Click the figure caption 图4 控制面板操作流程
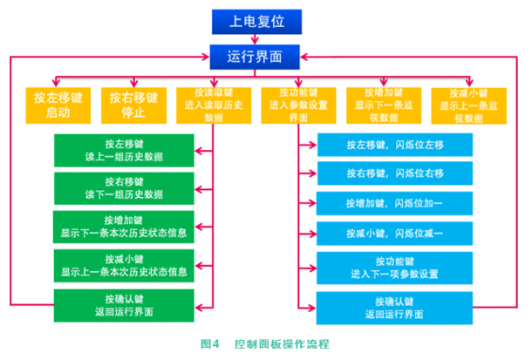[x=265, y=345]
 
